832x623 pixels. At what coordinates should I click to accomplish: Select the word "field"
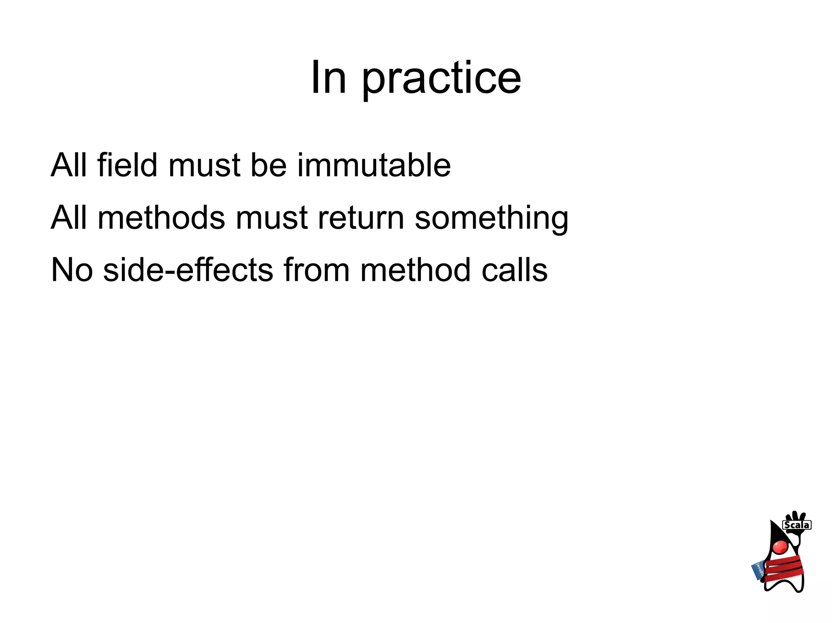pyautogui.click(x=127, y=165)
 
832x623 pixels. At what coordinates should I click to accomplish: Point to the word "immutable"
pyautogui.click(x=374, y=165)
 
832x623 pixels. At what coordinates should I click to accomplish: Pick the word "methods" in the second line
pyautogui.click(x=161, y=218)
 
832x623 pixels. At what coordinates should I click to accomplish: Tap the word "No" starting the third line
pyautogui.click(x=72, y=270)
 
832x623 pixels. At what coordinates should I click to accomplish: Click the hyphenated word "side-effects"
pyautogui.click(x=188, y=270)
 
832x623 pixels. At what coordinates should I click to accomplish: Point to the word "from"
pyautogui.click(x=316, y=270)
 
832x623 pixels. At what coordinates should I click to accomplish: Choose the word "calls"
pyautogui.click(x=514, y=270)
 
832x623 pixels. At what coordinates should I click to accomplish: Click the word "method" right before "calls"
pyautogui.click(x=416, y=270)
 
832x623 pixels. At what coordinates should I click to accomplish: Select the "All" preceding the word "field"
pyautogui.click(x=69, y=165)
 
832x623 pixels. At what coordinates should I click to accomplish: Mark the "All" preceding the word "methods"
pyautogui.click(x=69, y=218)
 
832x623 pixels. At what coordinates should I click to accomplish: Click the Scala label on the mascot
pyautogui.click(x=797, y=525)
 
